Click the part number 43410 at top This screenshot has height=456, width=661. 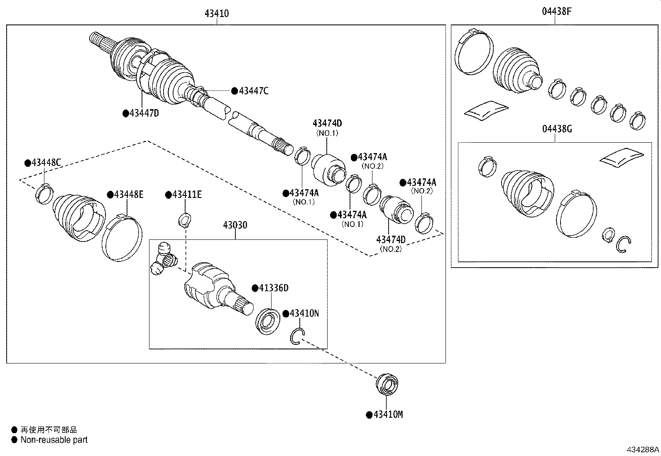(216, 13)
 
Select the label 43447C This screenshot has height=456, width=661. (253, 91)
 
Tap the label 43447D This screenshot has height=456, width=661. (144, 113)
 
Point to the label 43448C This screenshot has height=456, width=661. (46, 163)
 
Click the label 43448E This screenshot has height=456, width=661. (128, 194)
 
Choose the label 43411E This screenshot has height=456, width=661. (186, 194)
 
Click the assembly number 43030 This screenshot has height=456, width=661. (235, 225)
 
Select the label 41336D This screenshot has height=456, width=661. (273, 288)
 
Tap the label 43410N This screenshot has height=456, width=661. (304, 313)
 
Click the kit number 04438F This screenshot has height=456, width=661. (556, 12)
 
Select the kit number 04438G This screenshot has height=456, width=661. (556, 129)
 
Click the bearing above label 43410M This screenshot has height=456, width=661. (387, 385)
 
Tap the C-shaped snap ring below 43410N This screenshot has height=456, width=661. (297, 336)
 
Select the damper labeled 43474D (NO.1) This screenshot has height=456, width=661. (328, 169)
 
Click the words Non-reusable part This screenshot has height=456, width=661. (54, 440)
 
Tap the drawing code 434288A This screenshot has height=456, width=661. (643, 449)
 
